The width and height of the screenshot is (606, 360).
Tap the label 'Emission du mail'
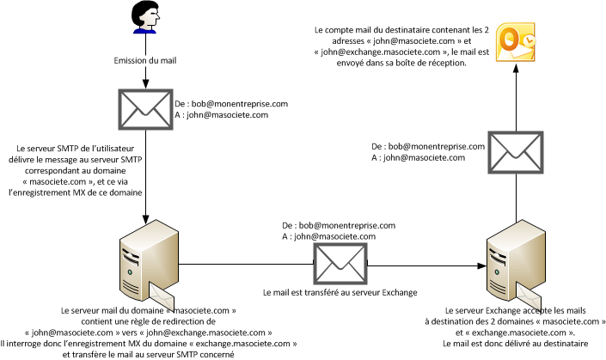pos(145,61)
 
